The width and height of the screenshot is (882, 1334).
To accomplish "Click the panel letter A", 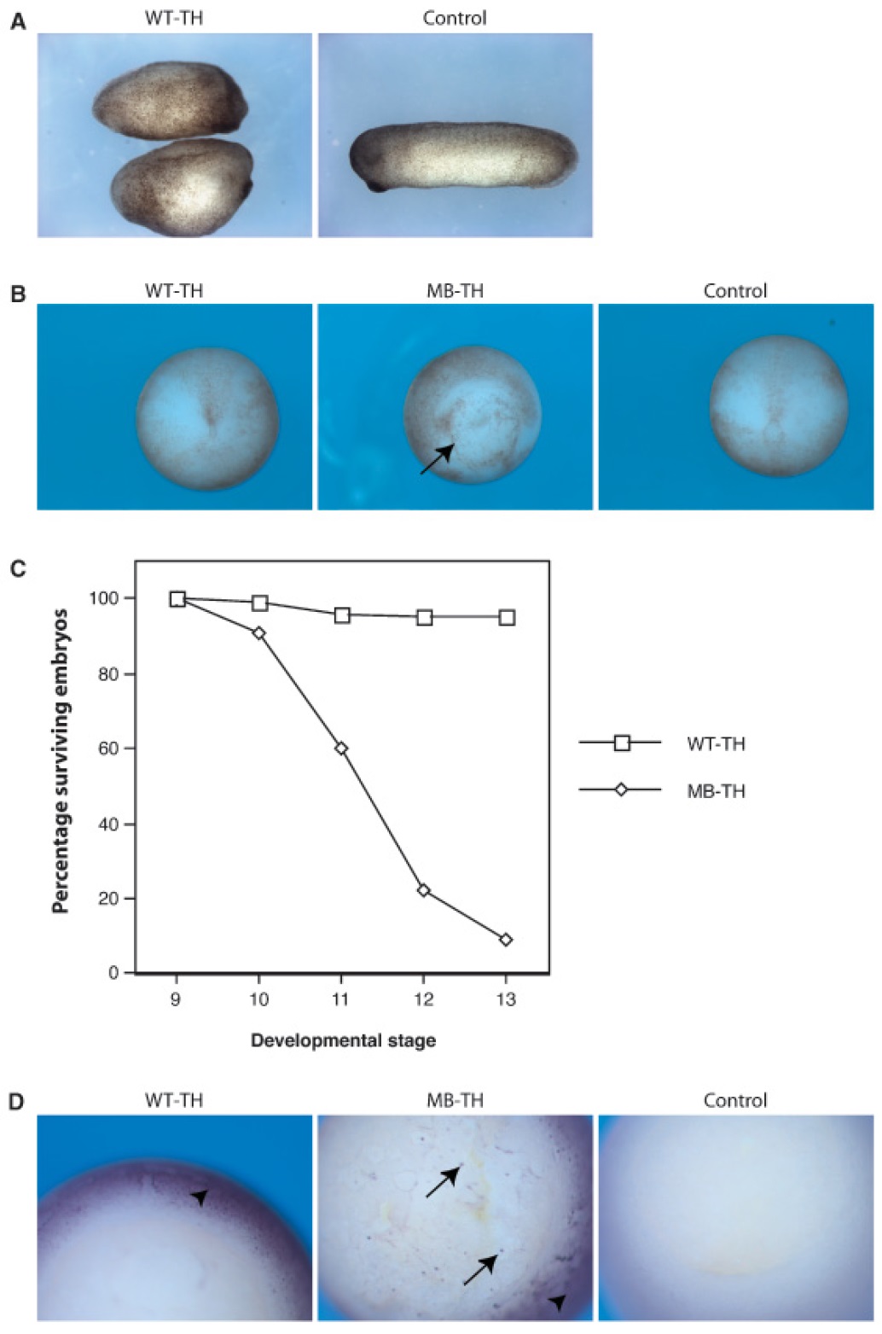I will (x=17, y=22).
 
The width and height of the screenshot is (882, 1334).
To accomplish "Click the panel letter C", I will (x=17, y=568).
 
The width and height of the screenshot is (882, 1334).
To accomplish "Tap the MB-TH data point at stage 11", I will (x=341, y=749).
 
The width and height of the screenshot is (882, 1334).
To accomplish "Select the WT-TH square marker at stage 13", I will (x=507, y=617).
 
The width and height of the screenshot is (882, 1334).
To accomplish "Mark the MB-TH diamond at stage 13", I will (x=506, y=940).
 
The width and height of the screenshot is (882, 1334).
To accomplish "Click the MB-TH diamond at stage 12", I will (x=424, y=890).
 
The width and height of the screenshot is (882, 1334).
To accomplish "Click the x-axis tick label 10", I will (x=258, y=999).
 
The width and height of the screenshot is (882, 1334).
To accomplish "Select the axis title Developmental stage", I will (x=343, y=1040).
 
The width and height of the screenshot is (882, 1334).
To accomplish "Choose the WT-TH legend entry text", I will (x=716, y=744).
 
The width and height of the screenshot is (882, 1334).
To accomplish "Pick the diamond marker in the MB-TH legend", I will (x=621, y=790).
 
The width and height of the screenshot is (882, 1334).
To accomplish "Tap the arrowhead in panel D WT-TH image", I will (x=200, y=1198).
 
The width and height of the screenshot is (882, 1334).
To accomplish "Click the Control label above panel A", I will (x=455, y=18).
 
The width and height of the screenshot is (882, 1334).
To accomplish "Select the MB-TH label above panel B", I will (x=455, y=291).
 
